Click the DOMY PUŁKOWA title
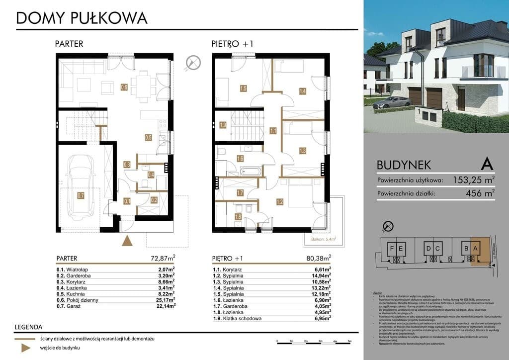coord(82,18)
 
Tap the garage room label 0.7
coord(81,195)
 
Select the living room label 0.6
coord(124,88)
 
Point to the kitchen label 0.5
coord(148,137)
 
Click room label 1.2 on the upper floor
coord(280,202)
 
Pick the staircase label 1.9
coord(223,125)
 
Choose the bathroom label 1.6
coord(240,159)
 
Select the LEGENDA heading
coord(29,328)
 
